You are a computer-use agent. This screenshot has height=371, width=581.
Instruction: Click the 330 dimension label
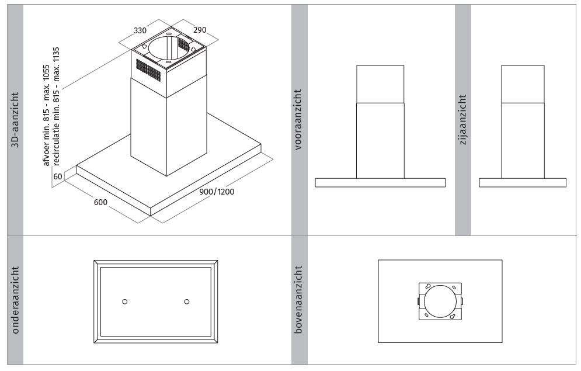[140, 30]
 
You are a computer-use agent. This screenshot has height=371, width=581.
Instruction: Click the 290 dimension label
[199, 30]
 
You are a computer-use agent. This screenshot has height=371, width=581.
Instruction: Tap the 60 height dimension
[58, 176]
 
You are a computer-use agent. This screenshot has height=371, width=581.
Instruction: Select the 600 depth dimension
[100, 202]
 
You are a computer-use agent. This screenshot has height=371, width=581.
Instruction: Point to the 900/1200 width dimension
[217, 192]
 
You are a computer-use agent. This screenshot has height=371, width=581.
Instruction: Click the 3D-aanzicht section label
[15, 120]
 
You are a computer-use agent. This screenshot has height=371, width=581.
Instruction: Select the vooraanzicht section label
[298, 119]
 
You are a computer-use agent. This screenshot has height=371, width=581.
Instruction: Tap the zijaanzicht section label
[463, 119]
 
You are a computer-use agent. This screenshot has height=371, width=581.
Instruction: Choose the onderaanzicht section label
[15, 300]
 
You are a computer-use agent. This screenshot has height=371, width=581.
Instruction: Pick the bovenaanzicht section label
[298, 300]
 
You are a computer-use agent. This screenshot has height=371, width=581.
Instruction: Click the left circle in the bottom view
[125, 301]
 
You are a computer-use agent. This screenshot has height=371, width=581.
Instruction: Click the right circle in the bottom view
[187, 301]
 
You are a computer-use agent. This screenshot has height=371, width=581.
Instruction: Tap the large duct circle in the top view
[440, 301]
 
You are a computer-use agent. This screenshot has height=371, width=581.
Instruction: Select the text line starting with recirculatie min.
[56, 106]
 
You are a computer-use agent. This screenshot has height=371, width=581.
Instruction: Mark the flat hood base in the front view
[380, 183]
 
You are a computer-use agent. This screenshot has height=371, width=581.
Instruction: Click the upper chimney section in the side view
[523, 84]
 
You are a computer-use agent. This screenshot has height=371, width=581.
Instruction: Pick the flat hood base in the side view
[523, 183]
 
